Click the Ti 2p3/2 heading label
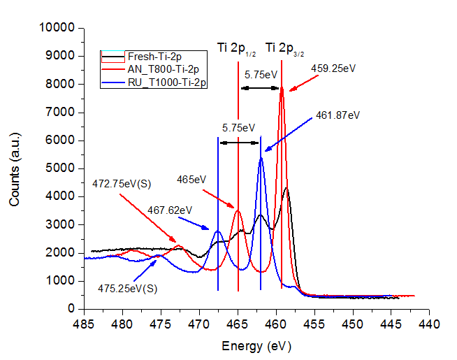[286, 49]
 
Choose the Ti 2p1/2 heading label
[237, 48]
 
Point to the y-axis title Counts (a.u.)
[14, 168]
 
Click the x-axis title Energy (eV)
[256, 346]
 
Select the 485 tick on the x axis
[84, 324]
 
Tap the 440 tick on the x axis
[429, 324]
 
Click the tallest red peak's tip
[282, 87]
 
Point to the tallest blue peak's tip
[261, 158]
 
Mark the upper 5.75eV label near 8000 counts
[261, 74]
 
